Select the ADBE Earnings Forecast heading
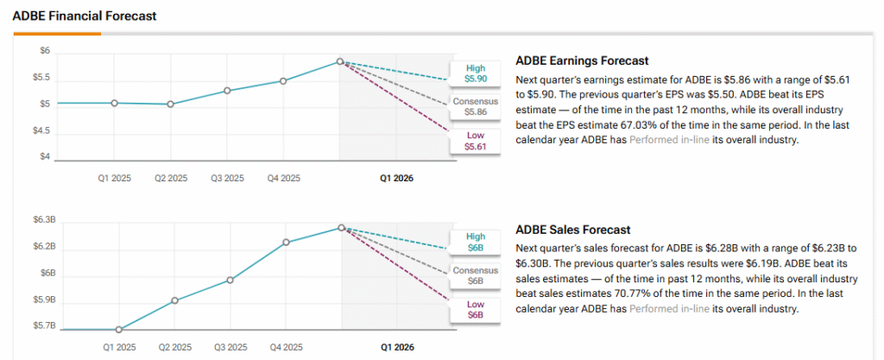pos(581,61)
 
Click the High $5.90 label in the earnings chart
pos(476,73)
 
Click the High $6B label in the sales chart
pos(476,242)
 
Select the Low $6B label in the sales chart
pos(476,309)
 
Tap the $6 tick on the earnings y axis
pos(45,52)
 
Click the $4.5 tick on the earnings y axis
pos(41,131)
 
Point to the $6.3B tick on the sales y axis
pos(43,220)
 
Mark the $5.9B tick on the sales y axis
pos(43,300)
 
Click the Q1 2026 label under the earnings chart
pos(397,179)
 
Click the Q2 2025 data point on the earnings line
pos(171,104)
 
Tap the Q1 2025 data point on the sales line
pos(119,329)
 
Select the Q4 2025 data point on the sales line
pos(284,242)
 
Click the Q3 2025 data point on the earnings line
pos(227,90)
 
